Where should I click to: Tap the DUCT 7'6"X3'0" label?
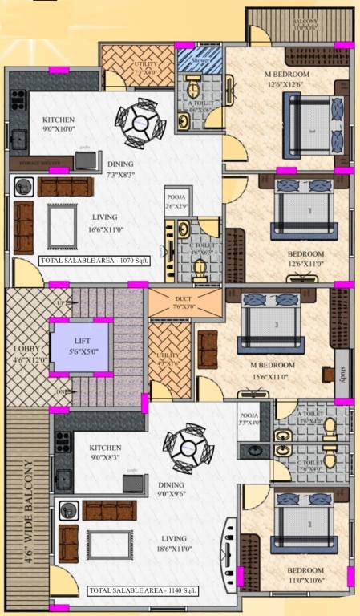coord(170,302)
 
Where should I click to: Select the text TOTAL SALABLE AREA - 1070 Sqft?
coord(87,261)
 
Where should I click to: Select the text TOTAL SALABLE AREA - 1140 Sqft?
coord(144,590)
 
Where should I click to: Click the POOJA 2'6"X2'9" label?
coord(176,201)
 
